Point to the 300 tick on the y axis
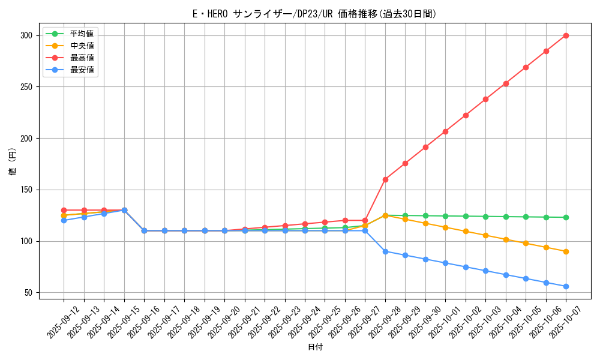click(x=26, y=35)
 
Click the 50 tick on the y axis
click(x=28, y=293)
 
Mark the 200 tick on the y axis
click(x=26, y=139)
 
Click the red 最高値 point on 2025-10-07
click(x=566, y=35)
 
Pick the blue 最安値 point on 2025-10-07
click(x=566, y=286)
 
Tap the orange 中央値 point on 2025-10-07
click(x=566, y=251)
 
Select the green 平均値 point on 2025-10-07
click(x=566, y=217)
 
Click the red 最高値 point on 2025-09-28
click(x=385, y=179)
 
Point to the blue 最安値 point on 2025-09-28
click(x=385, y=251)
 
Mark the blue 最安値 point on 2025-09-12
click(x=64, y=220)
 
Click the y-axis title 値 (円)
click(x=12, y=161)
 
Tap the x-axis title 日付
click(x=315, y=347)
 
